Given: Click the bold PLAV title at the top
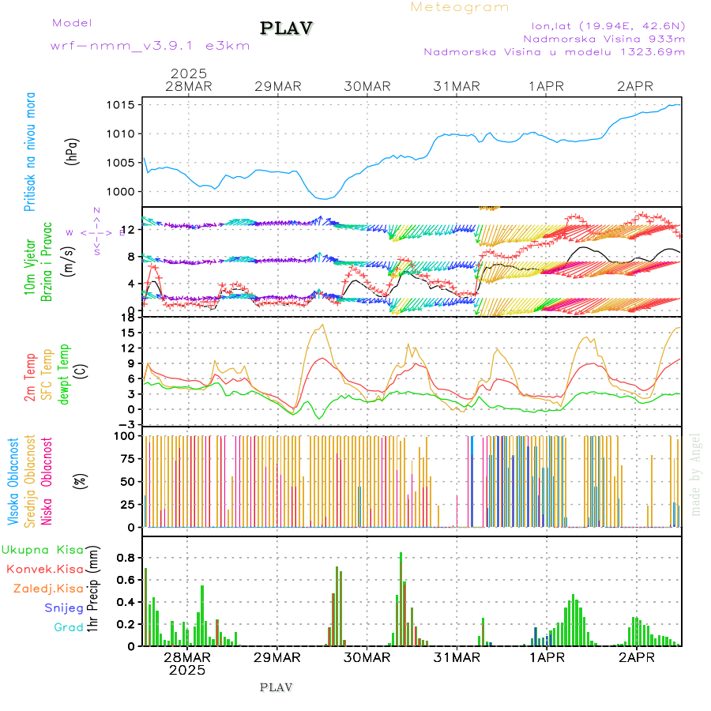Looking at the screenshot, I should tap(288, 28).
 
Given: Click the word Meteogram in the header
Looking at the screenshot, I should tap(460, 7).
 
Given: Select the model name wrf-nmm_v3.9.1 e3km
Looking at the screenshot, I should tap(150, 45).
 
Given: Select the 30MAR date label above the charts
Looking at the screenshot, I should tap(367, 86).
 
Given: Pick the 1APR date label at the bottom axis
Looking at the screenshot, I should tap(546, 657).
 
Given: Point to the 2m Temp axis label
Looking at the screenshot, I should tap(29, 378).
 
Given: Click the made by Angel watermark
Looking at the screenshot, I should tap(696, 474).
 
